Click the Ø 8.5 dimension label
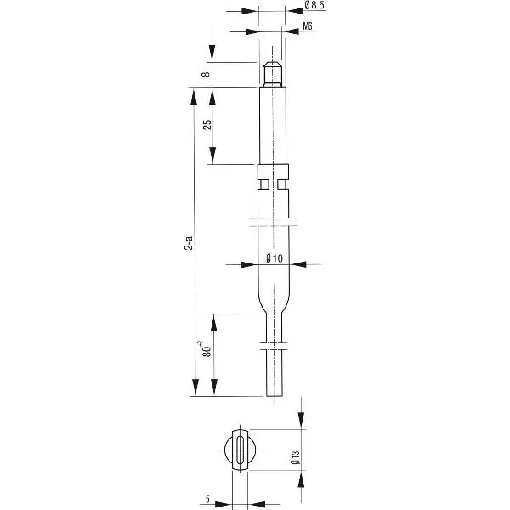(x=314, y=5)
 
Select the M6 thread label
(x=308, y=26)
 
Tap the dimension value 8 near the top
(x=206, y=74)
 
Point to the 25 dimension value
(x=207, y=125)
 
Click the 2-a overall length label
(x=189, y=242)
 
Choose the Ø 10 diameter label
(x=275, y=258)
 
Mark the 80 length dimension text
(x=206, y=349)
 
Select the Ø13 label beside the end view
(x=295, y=457)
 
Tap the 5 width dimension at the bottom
(x=207, y=499)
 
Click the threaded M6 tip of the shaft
(x=273, y=74)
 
